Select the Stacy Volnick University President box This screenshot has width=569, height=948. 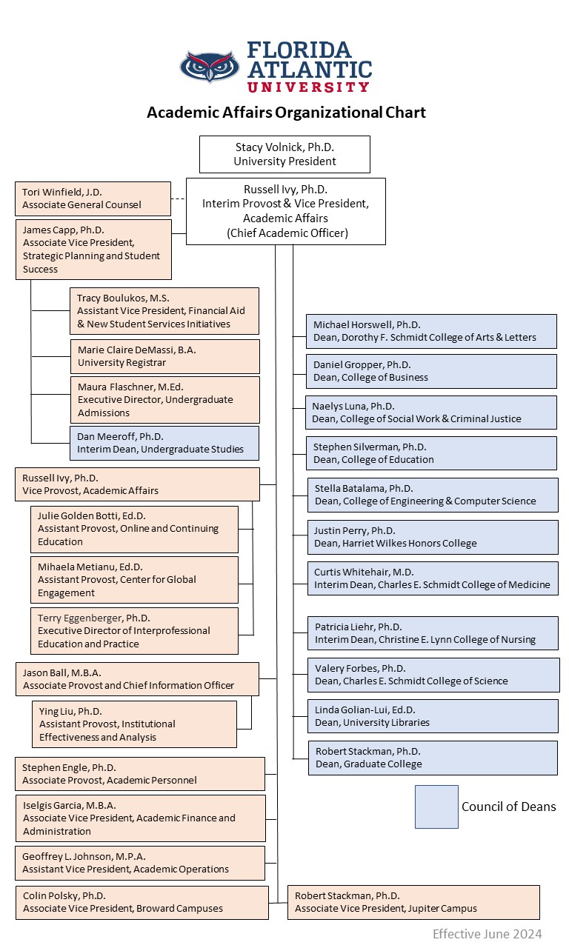(x=284, y=154)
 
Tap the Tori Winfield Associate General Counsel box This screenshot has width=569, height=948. (x=93, y=198)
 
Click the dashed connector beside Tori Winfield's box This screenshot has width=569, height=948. (x=178, y=198)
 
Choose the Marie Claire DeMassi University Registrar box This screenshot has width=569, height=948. (x=164, y=356)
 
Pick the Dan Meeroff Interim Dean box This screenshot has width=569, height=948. (x=164, y=443)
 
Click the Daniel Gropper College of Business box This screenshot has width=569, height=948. (x=432, y=371)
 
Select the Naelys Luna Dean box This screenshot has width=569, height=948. (x=432, y=413)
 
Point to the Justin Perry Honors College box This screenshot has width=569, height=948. (x=433, y=537)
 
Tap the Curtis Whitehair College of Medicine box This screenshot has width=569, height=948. (x=433, y=578)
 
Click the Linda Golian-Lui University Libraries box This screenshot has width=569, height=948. (x=433, y=716)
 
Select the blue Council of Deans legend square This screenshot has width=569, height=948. (x=436, y=807)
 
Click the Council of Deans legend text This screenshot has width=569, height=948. (x=508, y=807)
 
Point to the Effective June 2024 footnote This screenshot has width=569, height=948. (x=487, y=933)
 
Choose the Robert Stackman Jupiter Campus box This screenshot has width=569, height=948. (x=413, y=902)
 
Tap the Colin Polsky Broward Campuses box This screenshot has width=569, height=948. (x=142, y=902)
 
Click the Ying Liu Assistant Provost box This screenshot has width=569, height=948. (x=134, y=724)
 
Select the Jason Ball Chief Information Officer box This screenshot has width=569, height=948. (x=137, y=679)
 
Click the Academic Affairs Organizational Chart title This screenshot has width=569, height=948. (x=286, y=113)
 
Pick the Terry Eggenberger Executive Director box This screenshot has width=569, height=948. (x=134, y=631)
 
